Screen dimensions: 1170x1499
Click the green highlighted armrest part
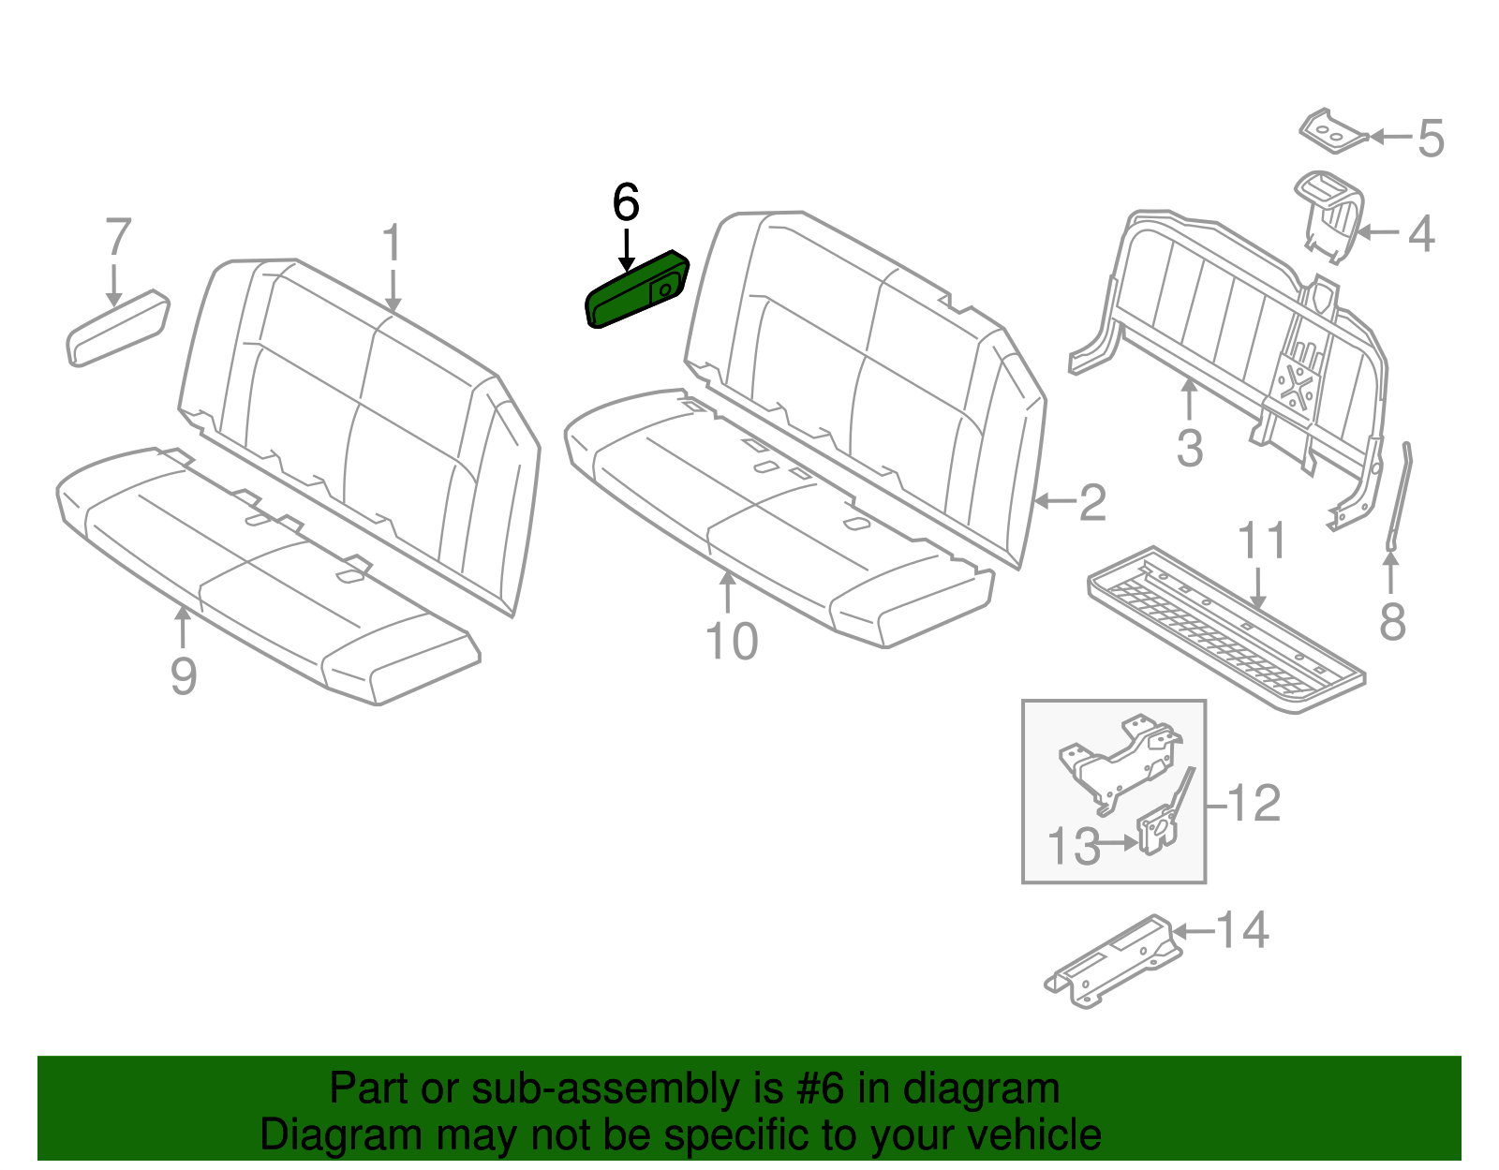pyautogui.click(x=635, y=290)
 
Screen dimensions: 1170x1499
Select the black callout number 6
pyautogui.click(x=626, y=202)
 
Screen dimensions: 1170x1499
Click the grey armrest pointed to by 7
pyautogui.click(x=118, y=328)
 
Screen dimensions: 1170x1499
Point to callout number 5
pyautogui.click(x=1431, y=139)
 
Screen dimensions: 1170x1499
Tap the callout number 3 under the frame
pyautogui.click(x=1189, y=448)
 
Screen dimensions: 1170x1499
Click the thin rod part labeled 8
pyautogui.click(x=1400, y=496)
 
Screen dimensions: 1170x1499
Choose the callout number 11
pyautogui.click(x=1262, y=541)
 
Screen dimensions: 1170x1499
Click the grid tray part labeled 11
pyautogui.click(x=1227, y=628)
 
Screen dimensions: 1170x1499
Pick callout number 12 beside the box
pyautogui.click(x=1254, y=804)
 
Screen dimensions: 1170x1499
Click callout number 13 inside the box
pyautogui.click(x=1073, y=847)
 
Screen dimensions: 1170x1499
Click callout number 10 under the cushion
pyautogui.click(x=731, y=643)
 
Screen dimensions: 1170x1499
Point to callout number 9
pyautogui.click(x=184, y=675)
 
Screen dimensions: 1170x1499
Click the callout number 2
pyautogui.click(x=1092, y=503)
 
